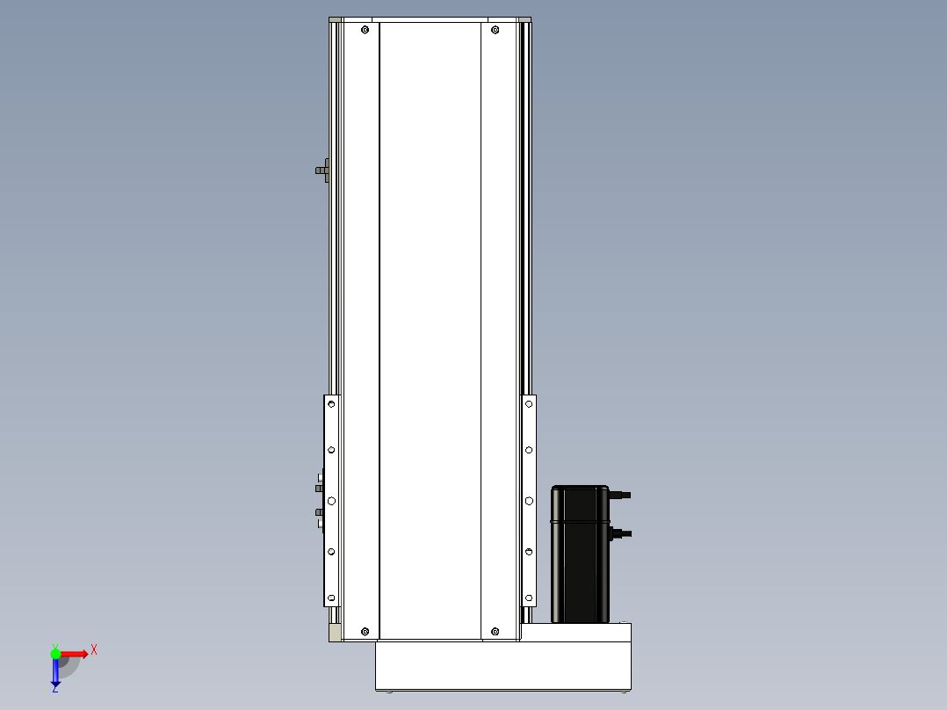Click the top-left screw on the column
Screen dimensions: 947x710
click(365, 30)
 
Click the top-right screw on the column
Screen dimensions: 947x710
click(495, 30)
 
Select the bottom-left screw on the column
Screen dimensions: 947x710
click(365, 632)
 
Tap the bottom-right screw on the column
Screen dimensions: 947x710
click(495, 632)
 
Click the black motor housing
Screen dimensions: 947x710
click(580, 554)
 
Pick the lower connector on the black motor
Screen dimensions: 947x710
click(621, 533)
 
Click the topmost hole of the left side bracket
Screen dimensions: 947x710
click(331, 403)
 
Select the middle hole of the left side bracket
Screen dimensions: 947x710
click(331, 501)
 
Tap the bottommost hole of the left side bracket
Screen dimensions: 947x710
click(331, 598)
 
